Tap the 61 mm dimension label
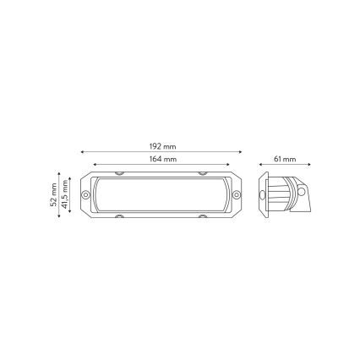coord(285,159)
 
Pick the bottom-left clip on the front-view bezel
coord(119,216)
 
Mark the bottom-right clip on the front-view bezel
coord(203,216)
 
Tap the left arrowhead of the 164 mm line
coord(94,165)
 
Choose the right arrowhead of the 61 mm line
coord(309,165)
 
